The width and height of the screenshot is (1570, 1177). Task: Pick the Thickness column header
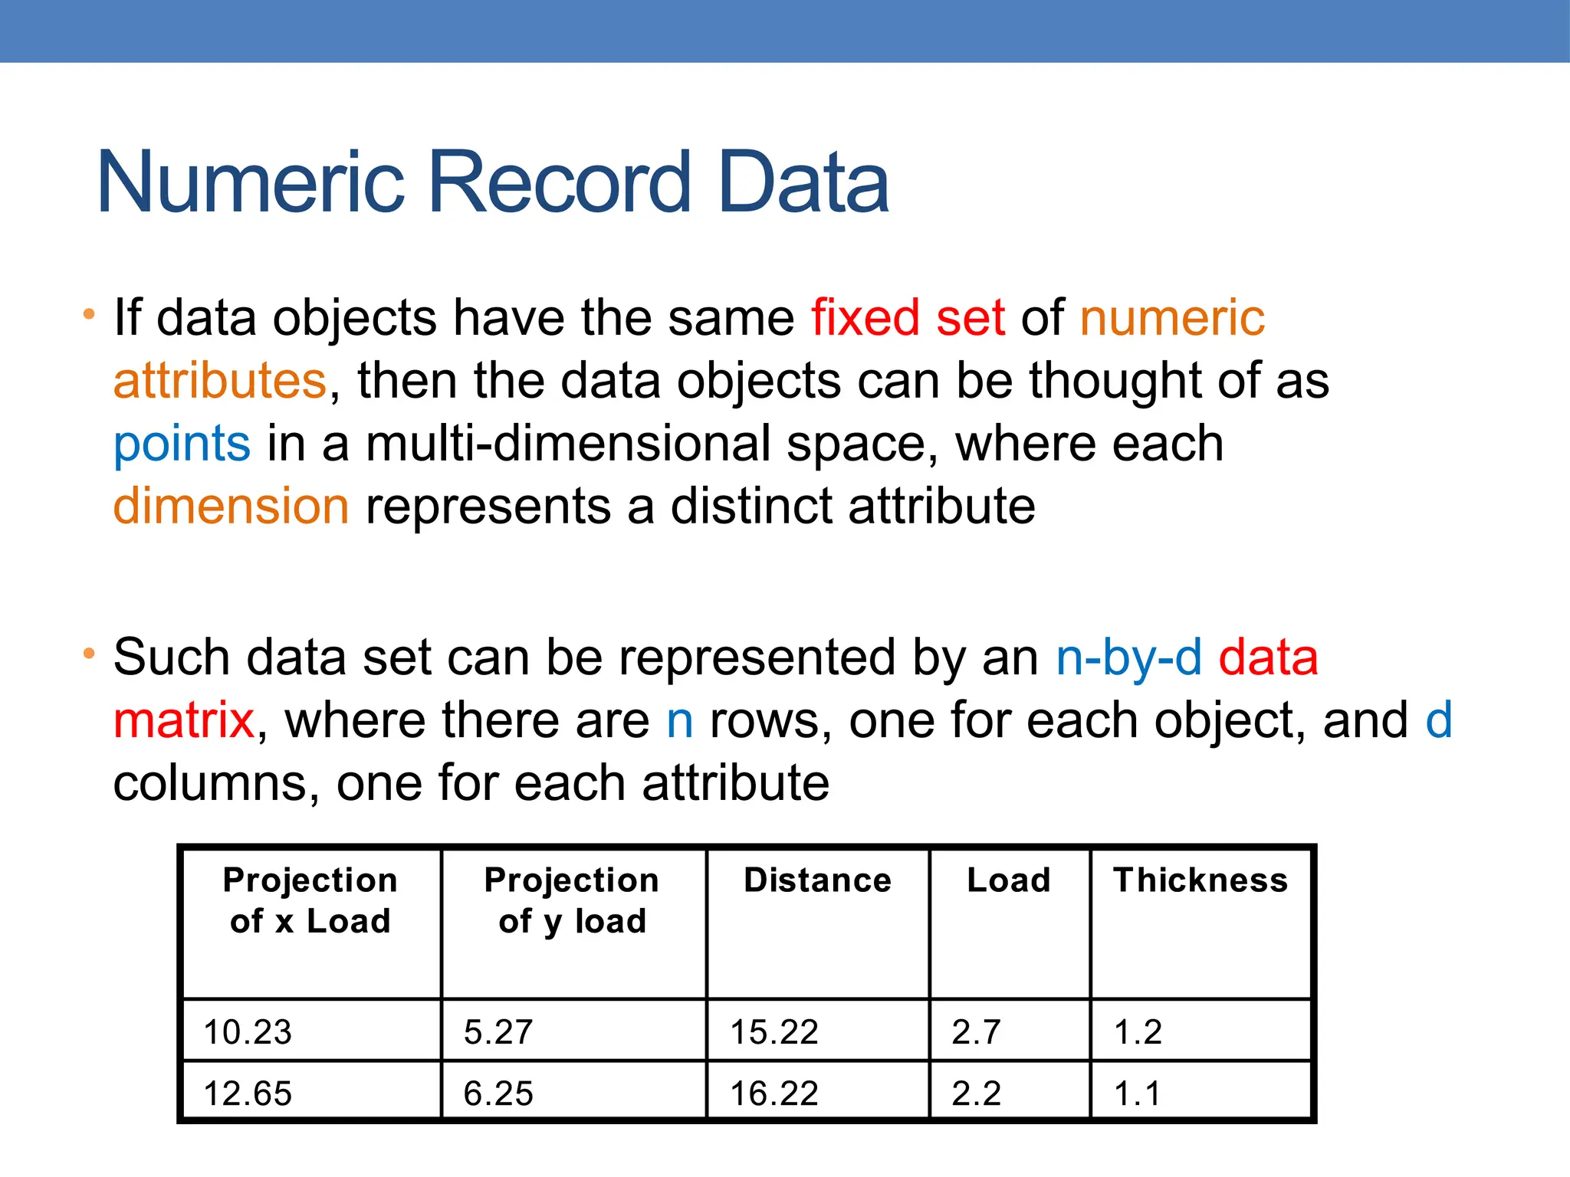(x=1200, y=880)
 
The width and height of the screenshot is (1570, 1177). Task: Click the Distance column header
(x=817, y=880)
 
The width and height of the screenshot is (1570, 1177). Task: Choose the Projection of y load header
(x=572, y=900)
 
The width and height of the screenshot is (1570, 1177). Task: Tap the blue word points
(x=182, y=444)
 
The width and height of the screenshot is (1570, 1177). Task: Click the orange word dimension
(x=231, y=507)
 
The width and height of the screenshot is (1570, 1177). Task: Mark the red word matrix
(x=183, y=721)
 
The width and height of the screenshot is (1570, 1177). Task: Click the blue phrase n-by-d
(x=1128, y=658)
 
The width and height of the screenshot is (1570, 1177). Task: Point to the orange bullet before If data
(x=89, y=315)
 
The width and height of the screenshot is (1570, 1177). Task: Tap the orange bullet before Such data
(x=89, y=654)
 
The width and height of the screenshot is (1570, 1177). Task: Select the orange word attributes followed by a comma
(x=220, y=381)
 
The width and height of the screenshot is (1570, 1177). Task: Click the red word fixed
(x=865, y=318)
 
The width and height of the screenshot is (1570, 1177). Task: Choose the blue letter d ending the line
(x=1438, y=721)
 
